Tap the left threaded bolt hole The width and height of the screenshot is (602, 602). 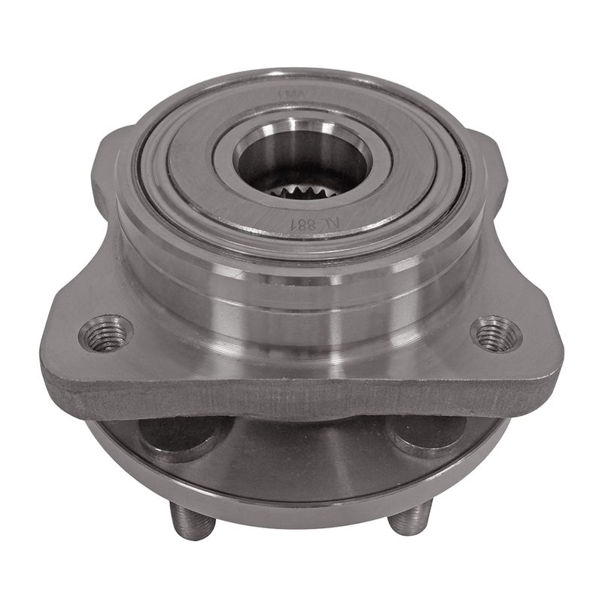[105, 333]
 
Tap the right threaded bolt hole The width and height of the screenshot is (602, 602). [497, 333]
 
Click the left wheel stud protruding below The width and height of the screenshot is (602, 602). [184, 519]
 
